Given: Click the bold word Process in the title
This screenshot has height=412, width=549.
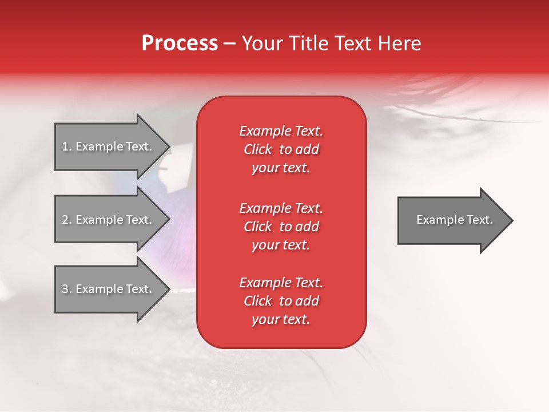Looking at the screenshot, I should tap(180, 43).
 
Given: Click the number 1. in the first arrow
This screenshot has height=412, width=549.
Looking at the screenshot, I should tap(67, 146).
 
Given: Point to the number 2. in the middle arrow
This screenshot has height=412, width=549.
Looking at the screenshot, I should tap(67, 220).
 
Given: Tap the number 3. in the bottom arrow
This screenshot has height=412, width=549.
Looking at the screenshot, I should tap(67, 289).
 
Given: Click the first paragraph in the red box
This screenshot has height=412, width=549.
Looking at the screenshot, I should tap(281, 149).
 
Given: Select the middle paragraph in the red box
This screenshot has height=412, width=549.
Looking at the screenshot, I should tap(281, 227).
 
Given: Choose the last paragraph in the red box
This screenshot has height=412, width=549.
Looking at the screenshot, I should tap(281, 301).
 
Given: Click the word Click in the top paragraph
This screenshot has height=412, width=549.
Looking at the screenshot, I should tap(258, 149).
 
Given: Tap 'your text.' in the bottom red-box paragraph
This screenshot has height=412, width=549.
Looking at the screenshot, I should tap(281, 319).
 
